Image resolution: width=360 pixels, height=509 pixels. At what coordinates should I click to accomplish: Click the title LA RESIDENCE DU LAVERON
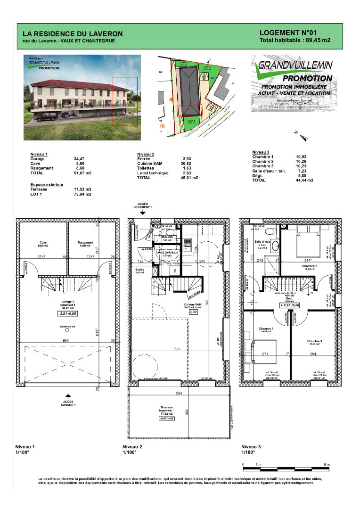73,34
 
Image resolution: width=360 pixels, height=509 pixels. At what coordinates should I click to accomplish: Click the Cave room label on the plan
43,244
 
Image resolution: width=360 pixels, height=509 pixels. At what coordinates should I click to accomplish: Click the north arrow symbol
302,136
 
